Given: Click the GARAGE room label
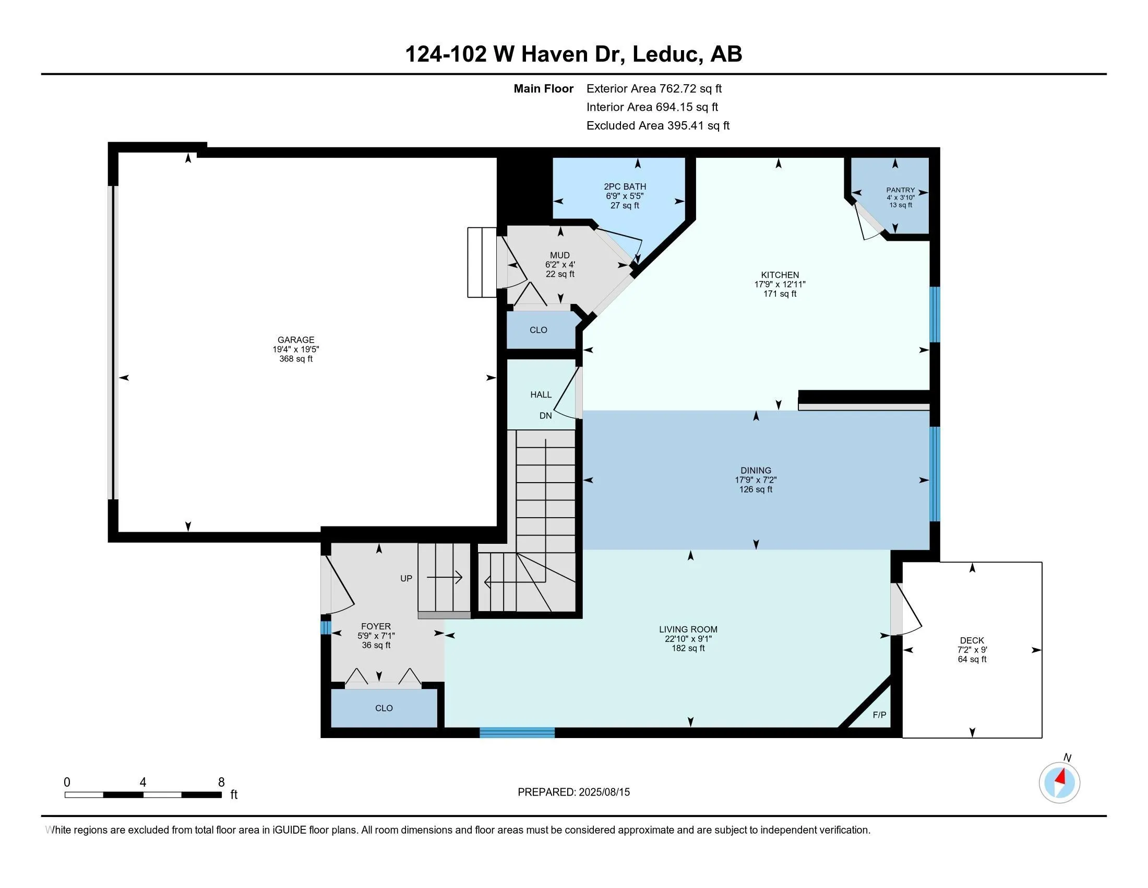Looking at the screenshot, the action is point(296,340).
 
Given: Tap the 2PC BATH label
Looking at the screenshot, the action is point(625,186).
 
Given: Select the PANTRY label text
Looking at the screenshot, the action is point(901,190).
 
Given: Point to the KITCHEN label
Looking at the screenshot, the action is point(780,275).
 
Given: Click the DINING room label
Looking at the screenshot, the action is point(756,470).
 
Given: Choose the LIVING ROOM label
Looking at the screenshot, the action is point(688,629).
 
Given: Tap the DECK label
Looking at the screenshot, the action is point(972,640).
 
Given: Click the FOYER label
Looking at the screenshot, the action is point(376,626).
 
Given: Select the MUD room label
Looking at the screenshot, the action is point(560,255).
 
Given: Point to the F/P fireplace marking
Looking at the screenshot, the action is point(879,715).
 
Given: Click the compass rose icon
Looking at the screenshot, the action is point(1059,782).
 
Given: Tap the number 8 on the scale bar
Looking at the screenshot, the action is point(221,782).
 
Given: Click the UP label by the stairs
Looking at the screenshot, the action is point(406,578).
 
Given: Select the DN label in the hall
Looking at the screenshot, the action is point(546,416).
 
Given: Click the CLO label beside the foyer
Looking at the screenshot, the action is point(384,708).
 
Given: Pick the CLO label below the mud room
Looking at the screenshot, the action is point(539,330).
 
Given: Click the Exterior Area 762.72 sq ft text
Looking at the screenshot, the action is point(654,88).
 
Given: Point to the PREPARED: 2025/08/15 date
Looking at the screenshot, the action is point(573,792).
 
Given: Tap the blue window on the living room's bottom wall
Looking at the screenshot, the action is point(517,732).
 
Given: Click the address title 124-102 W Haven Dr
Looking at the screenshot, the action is point(515,54).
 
